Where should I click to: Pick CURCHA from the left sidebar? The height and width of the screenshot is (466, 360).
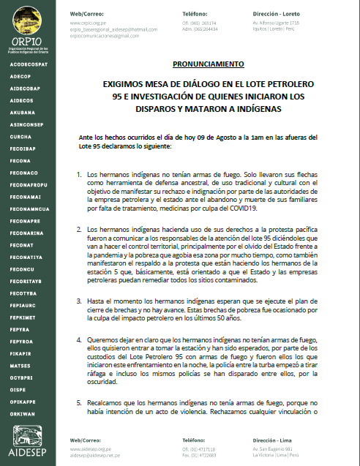click(21, 136)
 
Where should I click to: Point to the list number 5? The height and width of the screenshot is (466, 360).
click(79, 402)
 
